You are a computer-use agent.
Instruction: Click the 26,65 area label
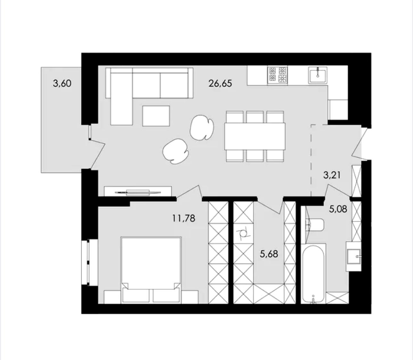coord(220,84)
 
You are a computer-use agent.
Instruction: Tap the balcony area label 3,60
coord(62,83)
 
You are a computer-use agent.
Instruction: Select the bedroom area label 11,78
coord(184,218)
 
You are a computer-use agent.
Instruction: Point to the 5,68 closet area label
coord(269,254)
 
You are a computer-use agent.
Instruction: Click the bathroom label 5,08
coord(338,209)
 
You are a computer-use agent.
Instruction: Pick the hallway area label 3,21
coord(332,175)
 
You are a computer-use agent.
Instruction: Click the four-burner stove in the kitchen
coord(278,75)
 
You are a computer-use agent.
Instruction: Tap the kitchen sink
coord(318,75)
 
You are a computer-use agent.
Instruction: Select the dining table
coord(255,136)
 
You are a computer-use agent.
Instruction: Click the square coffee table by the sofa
coord(156,116)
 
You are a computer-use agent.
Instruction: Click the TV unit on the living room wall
coord(138,191)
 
